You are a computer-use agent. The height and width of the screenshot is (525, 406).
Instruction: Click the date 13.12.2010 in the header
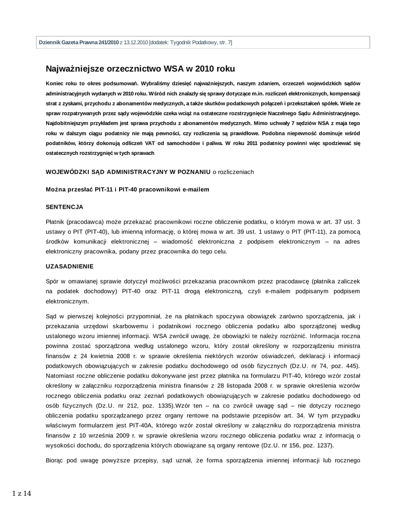tap(135, 43)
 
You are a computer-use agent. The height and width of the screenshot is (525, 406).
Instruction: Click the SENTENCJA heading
tap(65, 207)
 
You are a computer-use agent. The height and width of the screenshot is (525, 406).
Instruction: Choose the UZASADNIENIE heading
tap(69, 267)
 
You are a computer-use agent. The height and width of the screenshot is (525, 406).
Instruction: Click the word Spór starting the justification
tap(52, 282)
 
